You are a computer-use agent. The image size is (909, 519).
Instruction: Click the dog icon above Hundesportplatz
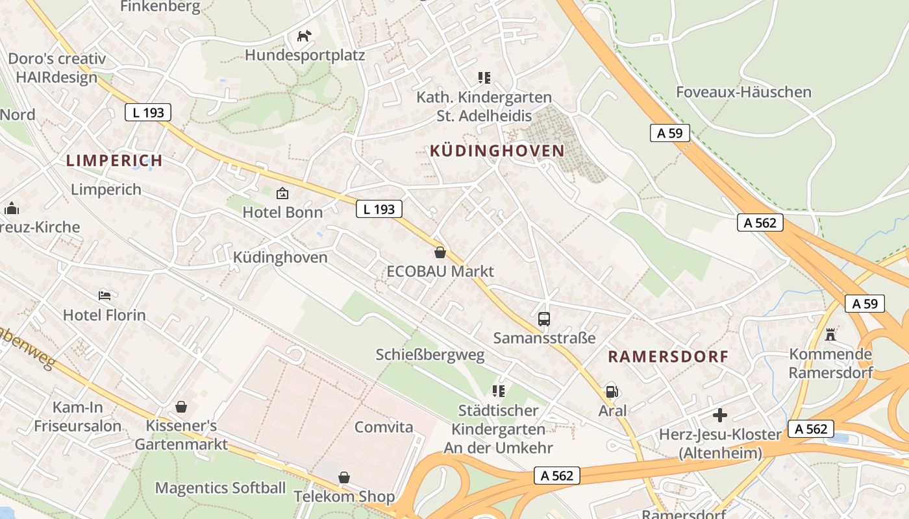point(304,36)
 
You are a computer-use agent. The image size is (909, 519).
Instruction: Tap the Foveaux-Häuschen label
point(743,92)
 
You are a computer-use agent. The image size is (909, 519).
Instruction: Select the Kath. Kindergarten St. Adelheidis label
point(484,106)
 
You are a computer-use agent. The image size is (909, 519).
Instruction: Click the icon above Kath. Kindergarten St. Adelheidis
point(484,78)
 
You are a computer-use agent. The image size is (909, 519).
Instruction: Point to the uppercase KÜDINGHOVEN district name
point(497,151)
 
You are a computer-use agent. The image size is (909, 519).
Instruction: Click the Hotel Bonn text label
point(282,212)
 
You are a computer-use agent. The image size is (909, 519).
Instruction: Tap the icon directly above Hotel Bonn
point(282,193)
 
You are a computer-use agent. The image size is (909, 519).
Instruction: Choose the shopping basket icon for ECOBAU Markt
point(440,252)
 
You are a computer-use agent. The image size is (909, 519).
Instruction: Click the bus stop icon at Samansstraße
point(544,319)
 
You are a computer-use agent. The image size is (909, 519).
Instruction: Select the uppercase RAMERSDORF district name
point(668,356)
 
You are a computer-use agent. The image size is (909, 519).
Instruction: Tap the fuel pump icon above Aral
point(611,391)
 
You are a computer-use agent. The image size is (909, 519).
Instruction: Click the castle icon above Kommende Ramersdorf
point(830,335)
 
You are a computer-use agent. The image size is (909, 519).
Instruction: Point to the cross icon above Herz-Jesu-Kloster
point(719,415)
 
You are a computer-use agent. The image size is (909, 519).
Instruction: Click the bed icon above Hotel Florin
point(105,296)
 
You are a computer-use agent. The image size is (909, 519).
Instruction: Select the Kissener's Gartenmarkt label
point(181,435)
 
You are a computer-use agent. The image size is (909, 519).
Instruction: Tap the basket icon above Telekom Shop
point(344,477)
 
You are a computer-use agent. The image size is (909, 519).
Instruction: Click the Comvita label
point(384,427)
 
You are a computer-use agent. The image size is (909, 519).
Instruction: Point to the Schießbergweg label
point(430,355)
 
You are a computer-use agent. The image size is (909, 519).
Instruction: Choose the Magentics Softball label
point(220,488)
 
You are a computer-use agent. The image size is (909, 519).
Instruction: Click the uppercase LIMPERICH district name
point(114,160)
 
